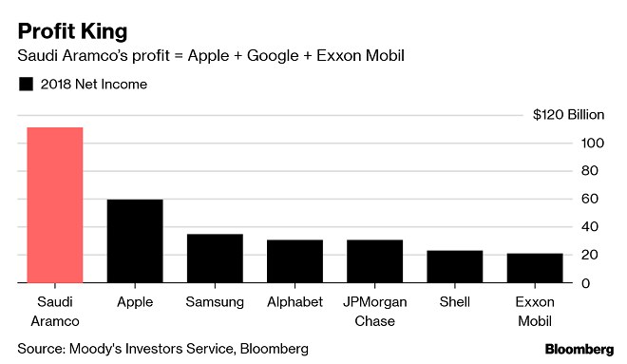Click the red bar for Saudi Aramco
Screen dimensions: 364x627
point(55,204)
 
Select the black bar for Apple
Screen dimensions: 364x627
point(135,240)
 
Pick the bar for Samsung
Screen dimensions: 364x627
point(215,258)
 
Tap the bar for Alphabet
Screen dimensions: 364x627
point(294,261)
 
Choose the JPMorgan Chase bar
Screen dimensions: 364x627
point(374,261)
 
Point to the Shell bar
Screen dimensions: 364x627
point(454,266)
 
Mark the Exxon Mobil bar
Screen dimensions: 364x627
point(534,268)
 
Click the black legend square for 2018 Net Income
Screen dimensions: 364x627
point(26,85)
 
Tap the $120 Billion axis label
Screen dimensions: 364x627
point(568,115)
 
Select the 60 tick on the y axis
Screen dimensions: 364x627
point(589,200)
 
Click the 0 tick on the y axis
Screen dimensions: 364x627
point(586,283)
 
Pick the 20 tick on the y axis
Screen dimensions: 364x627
point(589,256)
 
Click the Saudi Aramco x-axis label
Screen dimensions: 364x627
point(55,311)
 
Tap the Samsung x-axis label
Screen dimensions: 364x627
point(215,302)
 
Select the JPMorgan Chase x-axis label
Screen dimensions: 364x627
point(374,311)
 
